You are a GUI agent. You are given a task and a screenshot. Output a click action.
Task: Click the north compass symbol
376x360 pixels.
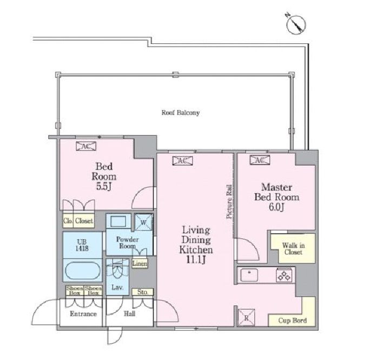(296, 24)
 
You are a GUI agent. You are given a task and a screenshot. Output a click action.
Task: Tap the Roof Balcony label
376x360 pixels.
(180, 113)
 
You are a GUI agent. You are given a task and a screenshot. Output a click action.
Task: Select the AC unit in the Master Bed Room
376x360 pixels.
(260, 160)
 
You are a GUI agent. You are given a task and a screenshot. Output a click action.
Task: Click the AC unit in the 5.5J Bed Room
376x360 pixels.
(86, 146)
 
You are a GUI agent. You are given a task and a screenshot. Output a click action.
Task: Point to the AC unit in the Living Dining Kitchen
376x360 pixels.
(182, 161)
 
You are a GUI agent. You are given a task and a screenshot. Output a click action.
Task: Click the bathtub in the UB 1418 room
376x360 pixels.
(83, 271)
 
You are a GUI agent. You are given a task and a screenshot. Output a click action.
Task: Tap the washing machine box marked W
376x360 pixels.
(143, 222)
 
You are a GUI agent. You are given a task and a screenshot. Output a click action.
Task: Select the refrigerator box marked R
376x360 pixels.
(246, 317)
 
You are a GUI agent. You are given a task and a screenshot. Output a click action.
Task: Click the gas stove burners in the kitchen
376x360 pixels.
(285, 275)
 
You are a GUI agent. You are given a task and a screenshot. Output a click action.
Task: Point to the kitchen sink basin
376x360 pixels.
(249, 275)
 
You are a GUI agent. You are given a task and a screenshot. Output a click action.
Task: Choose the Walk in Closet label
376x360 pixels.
(293, 248)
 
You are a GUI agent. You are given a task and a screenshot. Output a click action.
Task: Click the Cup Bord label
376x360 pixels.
(293, 320)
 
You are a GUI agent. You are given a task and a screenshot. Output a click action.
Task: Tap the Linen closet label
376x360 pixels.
(140, 264)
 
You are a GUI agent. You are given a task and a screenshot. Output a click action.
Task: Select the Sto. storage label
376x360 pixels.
(142, 292)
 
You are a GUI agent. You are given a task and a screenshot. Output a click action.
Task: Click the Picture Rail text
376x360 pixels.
(229, 201)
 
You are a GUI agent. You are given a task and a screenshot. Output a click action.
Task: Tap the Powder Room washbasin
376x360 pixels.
(118, 221)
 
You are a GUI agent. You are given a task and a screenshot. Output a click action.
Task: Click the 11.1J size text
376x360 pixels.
(196, 260)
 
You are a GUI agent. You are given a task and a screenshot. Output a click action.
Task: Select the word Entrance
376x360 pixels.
(83, 313)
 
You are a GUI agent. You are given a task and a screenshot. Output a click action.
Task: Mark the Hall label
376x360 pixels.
(129, 313)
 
